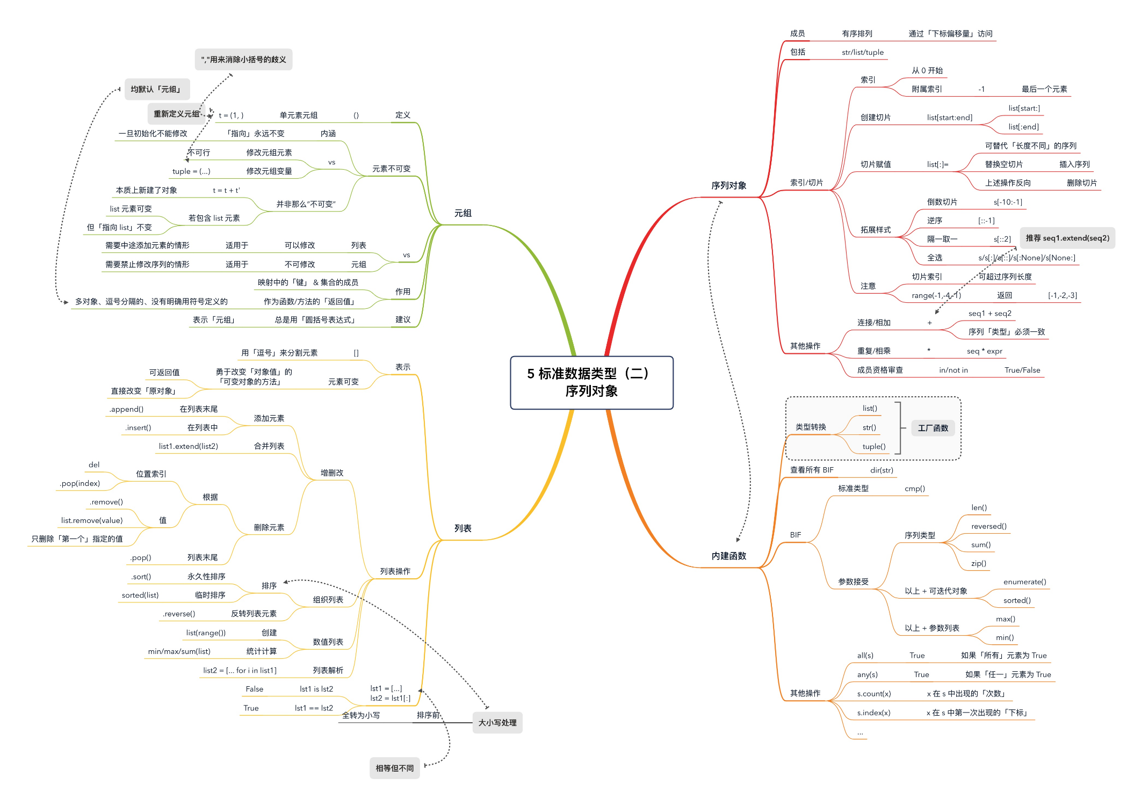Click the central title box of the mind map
click(591, 382)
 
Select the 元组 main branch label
click(463, 213)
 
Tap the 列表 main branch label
click(463, 528)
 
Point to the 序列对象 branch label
click(728, 185)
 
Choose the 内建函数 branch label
click(728, 556)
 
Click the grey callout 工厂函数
click(933, 428)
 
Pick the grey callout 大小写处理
click(497, 723)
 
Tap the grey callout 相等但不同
click(394, 768)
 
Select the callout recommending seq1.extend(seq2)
click(1067, 238)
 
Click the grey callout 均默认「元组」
click(157, 89)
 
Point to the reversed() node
click(988, 526)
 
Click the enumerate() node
click(1024, 582)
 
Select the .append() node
click(126, 409)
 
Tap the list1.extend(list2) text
click(188, 446)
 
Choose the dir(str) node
click(882, 470)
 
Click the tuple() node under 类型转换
click(873, 446)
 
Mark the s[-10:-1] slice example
click(1008, 202)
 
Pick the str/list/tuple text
click(862, 52)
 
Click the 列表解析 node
click(328, 670)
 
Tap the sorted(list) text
click(140, 595)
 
